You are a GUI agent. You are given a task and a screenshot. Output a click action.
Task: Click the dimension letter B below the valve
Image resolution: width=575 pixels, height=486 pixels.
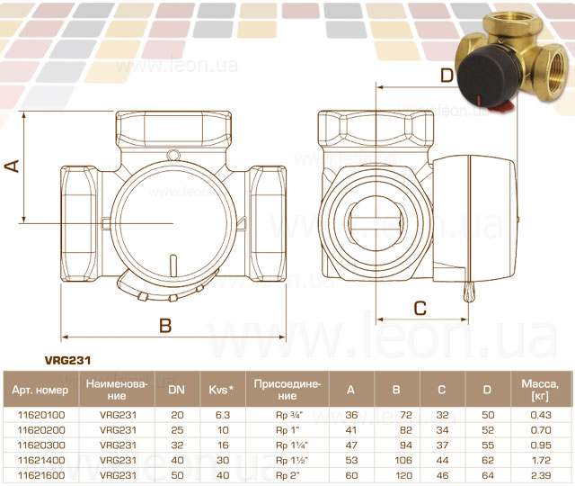pyautogui.click(x=165, y=325)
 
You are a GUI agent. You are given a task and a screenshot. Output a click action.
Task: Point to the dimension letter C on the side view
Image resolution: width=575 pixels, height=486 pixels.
pyautogui.click(x=420, y=309)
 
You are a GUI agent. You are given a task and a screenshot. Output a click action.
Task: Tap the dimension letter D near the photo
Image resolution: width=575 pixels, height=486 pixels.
pyautogui.click(x=447, y=76)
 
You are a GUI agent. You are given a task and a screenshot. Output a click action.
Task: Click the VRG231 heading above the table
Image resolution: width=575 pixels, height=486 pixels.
pyautogui.click(x=67, y=360)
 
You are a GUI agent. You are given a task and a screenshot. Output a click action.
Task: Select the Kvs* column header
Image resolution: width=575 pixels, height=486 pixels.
pyautogui.click(x=221, y=390)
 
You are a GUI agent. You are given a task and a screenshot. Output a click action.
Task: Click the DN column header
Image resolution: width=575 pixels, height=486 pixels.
pyautogui.click(x=176, y=390)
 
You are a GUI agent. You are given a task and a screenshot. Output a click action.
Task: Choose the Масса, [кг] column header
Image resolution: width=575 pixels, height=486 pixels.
pyautogui.click(x=540, y=390)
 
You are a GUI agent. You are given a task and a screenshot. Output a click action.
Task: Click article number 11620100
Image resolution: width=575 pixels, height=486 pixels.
pyautogui.click(x=41, y=415)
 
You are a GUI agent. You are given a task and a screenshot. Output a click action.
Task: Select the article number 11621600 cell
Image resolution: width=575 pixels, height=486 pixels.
pyautogui.click(x=41, y=475)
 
